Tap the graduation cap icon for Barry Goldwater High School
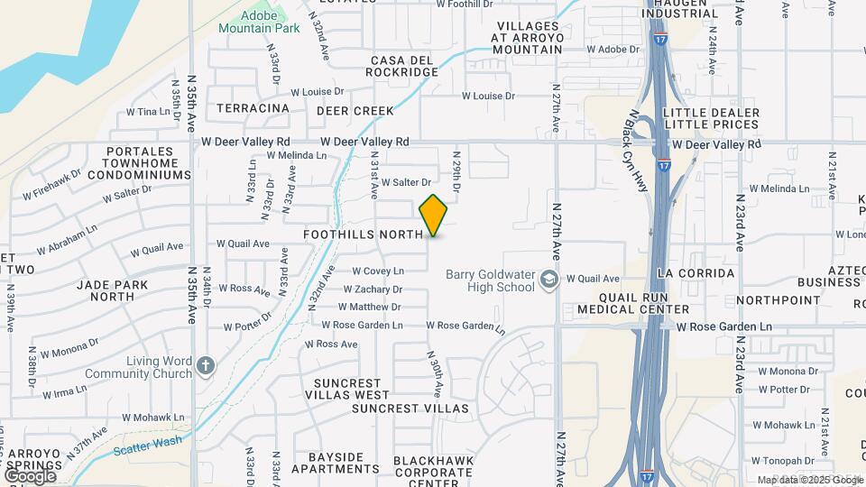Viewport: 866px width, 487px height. point(548,280)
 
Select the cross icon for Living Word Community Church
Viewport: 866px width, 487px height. point(206,366)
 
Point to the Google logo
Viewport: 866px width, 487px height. point(30,474)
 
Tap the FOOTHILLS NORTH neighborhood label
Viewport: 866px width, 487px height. point(363,234)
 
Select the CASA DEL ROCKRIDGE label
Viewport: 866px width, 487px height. point(403,66)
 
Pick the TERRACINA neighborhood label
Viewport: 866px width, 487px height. point(253,108)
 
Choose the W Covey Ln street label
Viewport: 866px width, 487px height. point(377,271)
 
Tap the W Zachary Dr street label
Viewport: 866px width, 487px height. point(373,289)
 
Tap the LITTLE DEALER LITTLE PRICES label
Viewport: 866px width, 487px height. point(710,118)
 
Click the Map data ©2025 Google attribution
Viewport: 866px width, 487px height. point(809,480)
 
